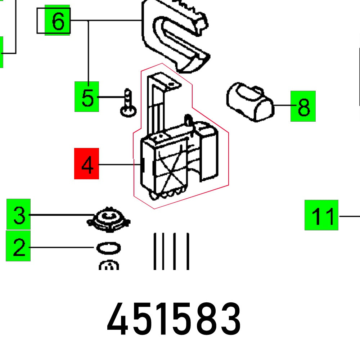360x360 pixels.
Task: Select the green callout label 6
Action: (57, 21)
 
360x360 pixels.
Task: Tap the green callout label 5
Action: (86, 96)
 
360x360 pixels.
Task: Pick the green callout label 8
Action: (303, 106)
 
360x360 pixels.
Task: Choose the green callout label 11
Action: (321, 215)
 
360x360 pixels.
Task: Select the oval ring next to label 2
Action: (108, 248)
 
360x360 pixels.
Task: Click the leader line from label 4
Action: (119, 165)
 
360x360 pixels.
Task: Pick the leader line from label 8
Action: (282, 105)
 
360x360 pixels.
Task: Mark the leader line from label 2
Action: (61, 247)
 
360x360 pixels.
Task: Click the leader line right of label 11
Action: (349, 216)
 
